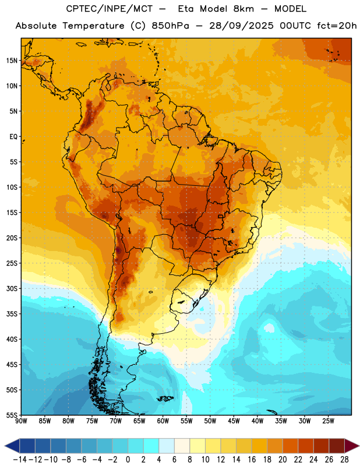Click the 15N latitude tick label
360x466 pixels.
(x=12, y=61)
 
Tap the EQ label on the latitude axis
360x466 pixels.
(x=13, y=137)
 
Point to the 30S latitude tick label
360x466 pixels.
(x=12, y=288)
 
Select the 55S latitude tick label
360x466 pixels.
(x=12, y=415)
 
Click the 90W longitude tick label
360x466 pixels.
(x=22, y=421)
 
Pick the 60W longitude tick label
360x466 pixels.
(x=163, y=421)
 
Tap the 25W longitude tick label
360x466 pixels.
(x=328, y=421)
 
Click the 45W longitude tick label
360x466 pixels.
(x=234, y=421)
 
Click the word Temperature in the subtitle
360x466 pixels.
(x=93, y=26)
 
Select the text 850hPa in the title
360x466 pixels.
(x=170, y=26)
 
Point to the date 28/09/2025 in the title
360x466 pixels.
(x=241, y=26)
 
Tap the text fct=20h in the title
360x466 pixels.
(x=337, y=26)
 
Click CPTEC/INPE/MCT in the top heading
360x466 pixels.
(x=110, y=9)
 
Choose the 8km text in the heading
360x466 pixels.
(x=243, y=9)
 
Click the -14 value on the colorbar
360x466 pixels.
(x=20, y=460)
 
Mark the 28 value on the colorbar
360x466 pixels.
(x=344, y=460)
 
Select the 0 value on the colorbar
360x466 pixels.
(x=128, y=460)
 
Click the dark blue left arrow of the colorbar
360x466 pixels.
(x=12, y=446)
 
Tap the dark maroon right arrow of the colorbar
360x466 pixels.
(x=352, y=446)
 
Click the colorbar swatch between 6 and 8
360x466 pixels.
(x=182, y=446)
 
